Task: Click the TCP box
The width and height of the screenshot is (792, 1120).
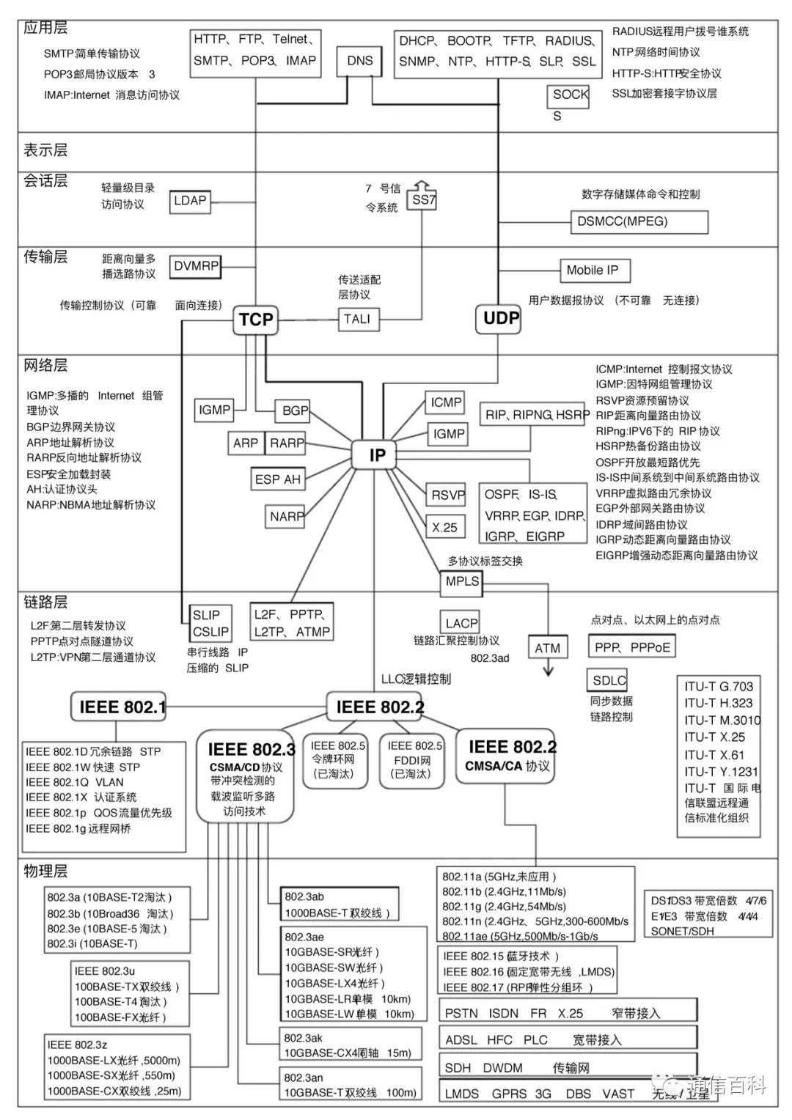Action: point(256,320)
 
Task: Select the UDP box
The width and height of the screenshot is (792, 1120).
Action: point(501,319)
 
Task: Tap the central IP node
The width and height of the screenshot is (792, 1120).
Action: point(377,455)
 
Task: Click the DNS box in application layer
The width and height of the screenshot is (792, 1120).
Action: point(359,61)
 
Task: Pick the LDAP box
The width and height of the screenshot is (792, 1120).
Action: point(190,201)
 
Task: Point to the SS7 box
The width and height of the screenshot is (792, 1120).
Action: point(423,199)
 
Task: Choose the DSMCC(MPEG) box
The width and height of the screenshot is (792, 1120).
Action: point(638,221)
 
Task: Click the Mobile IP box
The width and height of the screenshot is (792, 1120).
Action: point(593,270)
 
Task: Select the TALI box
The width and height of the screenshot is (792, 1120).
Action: point(357,319)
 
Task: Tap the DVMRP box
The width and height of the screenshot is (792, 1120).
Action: point(196,266)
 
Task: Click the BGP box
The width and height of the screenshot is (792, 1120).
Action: point(295,410)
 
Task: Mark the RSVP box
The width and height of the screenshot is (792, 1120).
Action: point(447,495)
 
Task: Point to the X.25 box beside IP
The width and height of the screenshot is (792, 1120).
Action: point(444,527)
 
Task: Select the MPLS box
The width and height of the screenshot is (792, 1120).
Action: point(462,581)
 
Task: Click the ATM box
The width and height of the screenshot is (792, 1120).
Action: point(547,648)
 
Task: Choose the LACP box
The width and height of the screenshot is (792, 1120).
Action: point(461,623)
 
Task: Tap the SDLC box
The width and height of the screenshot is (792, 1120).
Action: point(609,680)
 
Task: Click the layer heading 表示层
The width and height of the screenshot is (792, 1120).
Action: point(45,150)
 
